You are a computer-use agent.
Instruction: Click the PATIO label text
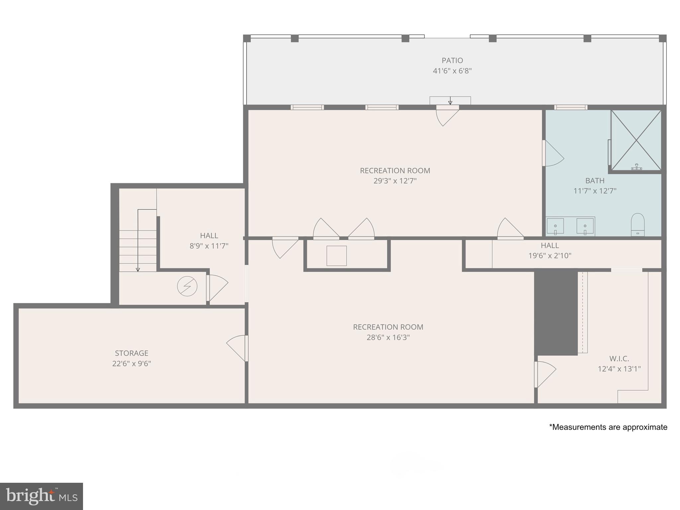(452, 60)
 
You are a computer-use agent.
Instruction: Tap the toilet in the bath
(637, 224)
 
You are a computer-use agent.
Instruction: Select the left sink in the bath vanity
(555, 226)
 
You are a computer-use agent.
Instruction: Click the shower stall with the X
(636, 140)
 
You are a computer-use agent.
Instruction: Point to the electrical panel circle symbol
(187, 286)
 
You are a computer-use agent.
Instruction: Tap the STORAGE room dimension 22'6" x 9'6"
(131, 364)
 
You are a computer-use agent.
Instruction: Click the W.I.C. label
(619, 359)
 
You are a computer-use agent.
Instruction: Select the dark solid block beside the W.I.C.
(555, 312)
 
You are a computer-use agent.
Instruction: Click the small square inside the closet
(336, 256)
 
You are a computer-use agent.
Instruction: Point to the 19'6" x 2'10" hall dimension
(550, 256)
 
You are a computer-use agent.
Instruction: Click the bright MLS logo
(42, 496)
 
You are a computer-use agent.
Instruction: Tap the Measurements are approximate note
(608, 427)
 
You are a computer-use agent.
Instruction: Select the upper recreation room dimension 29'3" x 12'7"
(395, 181)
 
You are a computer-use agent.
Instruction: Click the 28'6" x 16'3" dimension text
(388, 338)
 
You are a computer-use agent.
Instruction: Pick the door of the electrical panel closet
(217, 288)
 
